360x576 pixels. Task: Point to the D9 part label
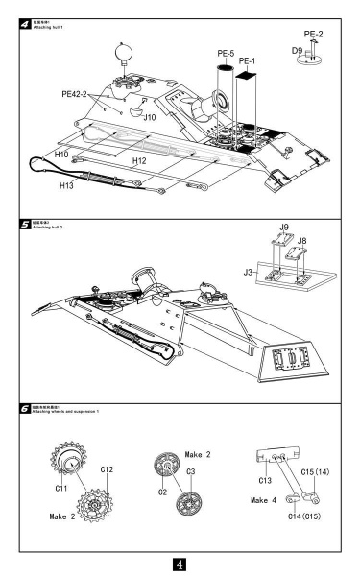[x=299, y=47]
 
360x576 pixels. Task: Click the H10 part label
[x=60, y=154]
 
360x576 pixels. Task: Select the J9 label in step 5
[x=283, y=227]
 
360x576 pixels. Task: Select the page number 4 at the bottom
[x=180, y=558]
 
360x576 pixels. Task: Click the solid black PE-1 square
[x=248, y=73]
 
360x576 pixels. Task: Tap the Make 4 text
[x=265, y=500]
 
